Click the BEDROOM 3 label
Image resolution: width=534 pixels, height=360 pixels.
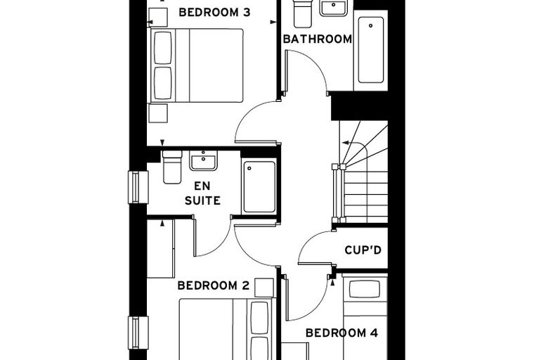(x=214, y=12)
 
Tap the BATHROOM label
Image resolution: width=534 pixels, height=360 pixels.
(x=318, y=39)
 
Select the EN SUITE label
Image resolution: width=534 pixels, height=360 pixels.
(x=202, y=193)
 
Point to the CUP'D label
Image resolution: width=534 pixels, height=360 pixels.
(x=363, y=250)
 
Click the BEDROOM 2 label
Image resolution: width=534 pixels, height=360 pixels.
(x=214, y=285)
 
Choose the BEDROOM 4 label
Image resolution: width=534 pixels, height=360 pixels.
(x=341, y=333)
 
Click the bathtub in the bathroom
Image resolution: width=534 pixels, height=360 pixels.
(x=371, y=50)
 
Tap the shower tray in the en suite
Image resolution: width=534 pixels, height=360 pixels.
(x=259, y=187)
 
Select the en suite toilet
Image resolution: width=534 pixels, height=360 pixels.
(x=172, y=167)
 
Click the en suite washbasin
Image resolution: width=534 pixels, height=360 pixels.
(x=203, y=160)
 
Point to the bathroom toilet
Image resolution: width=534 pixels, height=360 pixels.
(x=302, y=13)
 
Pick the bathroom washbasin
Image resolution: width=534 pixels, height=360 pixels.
(x=334, y=8)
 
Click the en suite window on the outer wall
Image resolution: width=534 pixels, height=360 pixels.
(x=138, y=187)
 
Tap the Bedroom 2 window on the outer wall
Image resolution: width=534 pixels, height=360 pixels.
(x=138, y=333)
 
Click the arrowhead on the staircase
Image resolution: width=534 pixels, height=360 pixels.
(x=345, y=143)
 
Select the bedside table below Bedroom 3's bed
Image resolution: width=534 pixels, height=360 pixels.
(x=158, y=113)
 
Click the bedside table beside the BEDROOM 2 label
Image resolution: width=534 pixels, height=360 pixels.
(x=264, y=288)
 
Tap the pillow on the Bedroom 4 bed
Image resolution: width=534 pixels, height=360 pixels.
(x=365, y=289)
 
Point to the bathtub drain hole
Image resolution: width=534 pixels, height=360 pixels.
(x=370, y=25)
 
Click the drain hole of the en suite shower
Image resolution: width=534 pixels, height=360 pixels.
(x=249, y=168)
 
